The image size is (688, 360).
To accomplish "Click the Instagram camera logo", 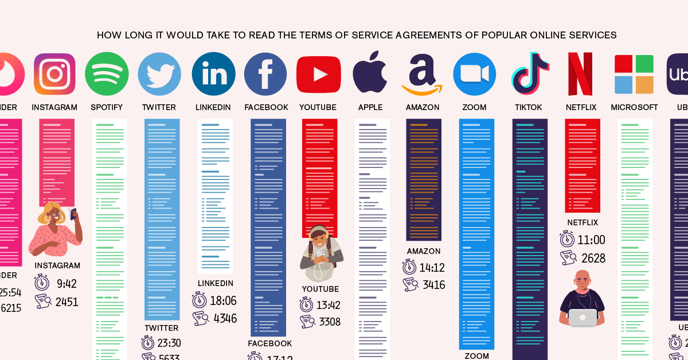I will pyautogui.click(x=54, y=74).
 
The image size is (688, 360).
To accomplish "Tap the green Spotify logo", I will pyautogui.click(x=107, y=74).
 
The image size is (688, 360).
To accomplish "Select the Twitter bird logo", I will pyautogui.click(x=159, y=74).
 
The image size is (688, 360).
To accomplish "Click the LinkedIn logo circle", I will pyautogui.click(x=213, y=74).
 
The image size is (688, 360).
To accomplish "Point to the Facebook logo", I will pyautogui.click(x=265, y=74).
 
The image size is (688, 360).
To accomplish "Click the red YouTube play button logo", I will pyautogui.click(x=318, y=75).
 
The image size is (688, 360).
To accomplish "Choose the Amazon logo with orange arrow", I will pyautogui.click(x=422, y=75).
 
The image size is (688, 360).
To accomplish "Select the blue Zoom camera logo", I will pyautogui.click(x=475, y=74).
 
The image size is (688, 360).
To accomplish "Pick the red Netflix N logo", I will pyautogui.click(x=580, y=74).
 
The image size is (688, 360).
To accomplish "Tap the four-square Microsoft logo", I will pyautogui.click(x=634, y=75).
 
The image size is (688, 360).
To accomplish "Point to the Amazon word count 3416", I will pyautogui.click(x=434, y=285).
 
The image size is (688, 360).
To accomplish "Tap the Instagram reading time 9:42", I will pyautogui.click(x=66, y=284).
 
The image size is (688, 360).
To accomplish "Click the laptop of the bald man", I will pyautogui.click(x=583, y=318).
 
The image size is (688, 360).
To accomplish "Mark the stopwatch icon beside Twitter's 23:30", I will pyautogui.click(x=148, y=343).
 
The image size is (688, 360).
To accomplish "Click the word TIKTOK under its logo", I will pyautogui.click(x=528, y=107).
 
